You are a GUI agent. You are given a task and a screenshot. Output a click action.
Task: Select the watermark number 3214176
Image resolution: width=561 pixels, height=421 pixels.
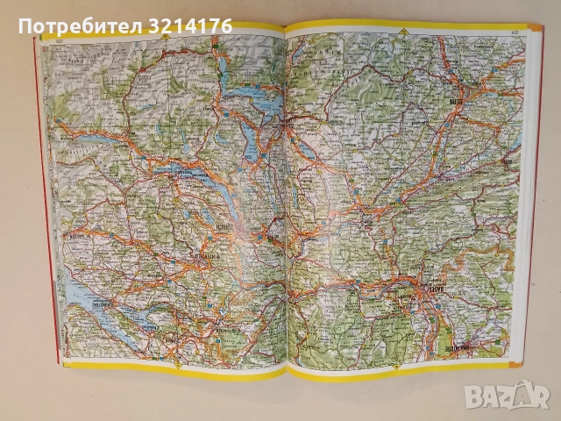click(x=190, y=25)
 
